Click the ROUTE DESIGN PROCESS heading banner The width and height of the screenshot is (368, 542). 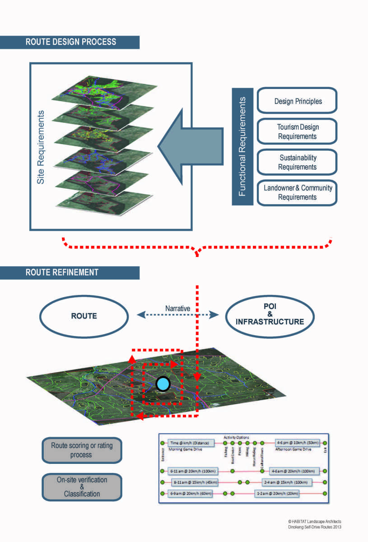pyautogui.click(x=70, y=42)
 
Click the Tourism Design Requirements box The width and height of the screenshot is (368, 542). pyautogui.click(x=297, y=131)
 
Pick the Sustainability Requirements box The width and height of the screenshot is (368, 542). pyautogui.click(x=297, y=162)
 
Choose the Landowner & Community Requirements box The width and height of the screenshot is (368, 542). pyautogui.click(x=297, y=192)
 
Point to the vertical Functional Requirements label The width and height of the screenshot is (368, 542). pyautogui.click(x=242, y=146)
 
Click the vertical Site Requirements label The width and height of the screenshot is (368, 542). pyautogui.click(x=41, y=146)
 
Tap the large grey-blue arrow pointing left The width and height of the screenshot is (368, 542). pyautogui.click(x=190, y=145)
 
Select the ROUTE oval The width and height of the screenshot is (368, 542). pyautogui.click(x=84, y=316)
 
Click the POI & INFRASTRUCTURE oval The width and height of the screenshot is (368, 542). pyautogui.click(x=270, y=316)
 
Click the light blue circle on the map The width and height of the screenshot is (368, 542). pyautogui.click(x=163, y=384)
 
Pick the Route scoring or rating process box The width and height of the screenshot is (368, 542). pyautogui.click(x=82, y=450)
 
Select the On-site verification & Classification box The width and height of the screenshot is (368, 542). pyautogui.click(x=82, y=487)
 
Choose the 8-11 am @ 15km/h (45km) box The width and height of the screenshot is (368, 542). pyautogui.click(x=195, y=482)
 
